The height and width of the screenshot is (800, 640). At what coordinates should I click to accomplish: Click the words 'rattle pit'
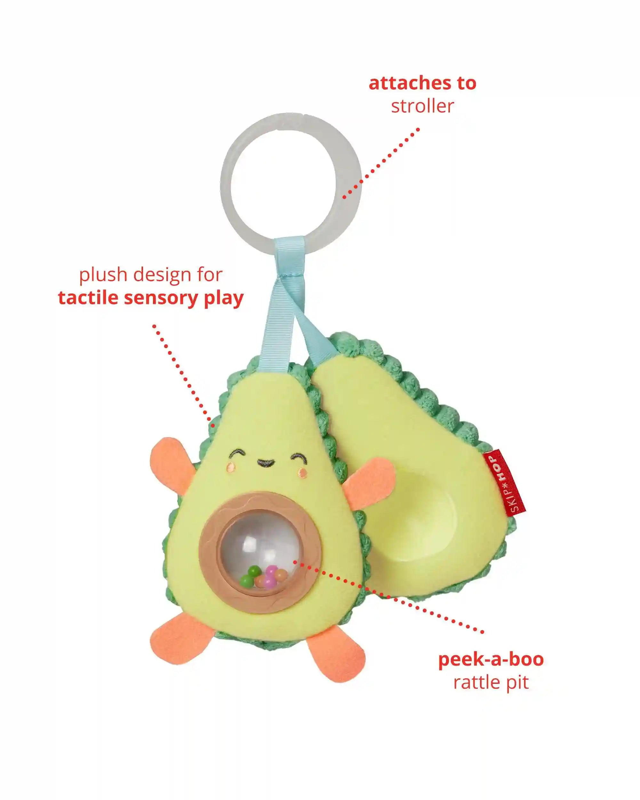coord(491,682)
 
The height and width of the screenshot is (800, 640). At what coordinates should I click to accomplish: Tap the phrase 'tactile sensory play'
coord(151,298)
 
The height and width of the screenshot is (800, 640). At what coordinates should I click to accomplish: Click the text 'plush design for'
coord(151,275)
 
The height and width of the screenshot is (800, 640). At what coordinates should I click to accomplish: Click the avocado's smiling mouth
coord(266,462)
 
